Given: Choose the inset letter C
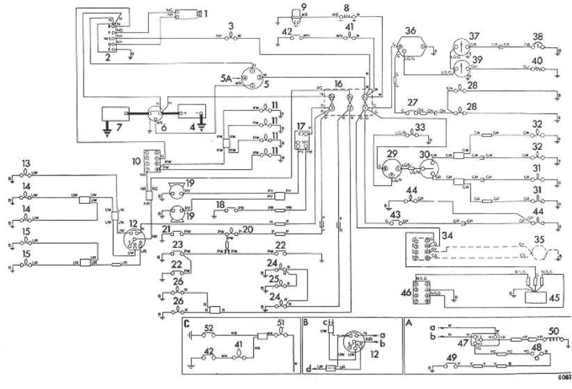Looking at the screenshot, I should tap(187, 324).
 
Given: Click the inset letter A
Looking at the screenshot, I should tap(409, 324).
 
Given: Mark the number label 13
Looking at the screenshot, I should tap(26, 164).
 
